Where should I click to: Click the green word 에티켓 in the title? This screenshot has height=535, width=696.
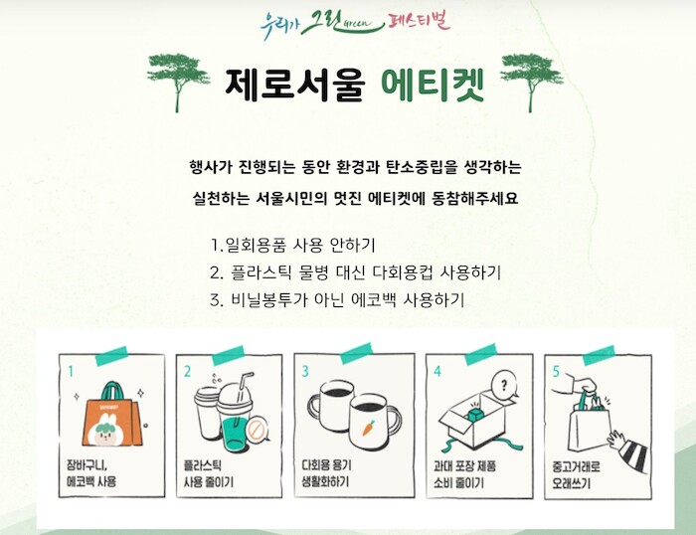pyautogui.click(x=433, y=85)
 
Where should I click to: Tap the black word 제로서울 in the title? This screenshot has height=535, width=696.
pyautogui.click(x=294, y=85)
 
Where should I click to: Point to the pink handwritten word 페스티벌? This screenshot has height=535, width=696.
pyautogui.click(x=419, y=21)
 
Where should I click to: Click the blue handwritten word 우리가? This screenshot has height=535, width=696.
pyautogui.click(x=277, y=25)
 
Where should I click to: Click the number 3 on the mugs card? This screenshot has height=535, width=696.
pyautogui.click(x=305, y=371)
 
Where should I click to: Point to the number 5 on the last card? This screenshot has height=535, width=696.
pyautogui.click(x=556, y=371)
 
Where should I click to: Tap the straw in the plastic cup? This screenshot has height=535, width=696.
pyautogui.click(x=243, y=394)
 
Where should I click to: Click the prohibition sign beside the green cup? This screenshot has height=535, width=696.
pyautogui.click(x=257, y=430)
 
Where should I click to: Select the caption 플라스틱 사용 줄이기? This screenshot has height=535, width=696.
pyautogui.click(x=208, y=473)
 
